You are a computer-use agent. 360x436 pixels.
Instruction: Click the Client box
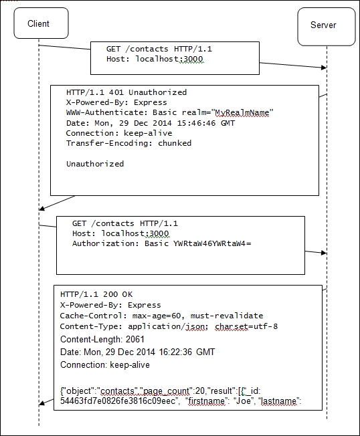pyautogui.click(x=41, y=23)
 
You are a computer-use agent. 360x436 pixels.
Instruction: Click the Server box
pyautogui.click(x=327, y=27)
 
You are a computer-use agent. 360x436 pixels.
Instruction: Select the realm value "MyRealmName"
pyautogui.click(x=242, y=112)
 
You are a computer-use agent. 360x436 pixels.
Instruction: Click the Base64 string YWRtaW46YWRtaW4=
pyautogui.click(x=212, y=243)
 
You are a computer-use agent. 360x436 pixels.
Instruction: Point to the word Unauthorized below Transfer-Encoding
pyautogui.click(x=95, y=164)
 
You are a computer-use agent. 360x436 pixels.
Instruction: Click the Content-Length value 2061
pyautogui.click(x=135, y=340)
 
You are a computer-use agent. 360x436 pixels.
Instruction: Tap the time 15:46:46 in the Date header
pyautogui.click(x=197, y=123)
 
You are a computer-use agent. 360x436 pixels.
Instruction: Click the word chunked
pyautogui.click(x=175, y=143)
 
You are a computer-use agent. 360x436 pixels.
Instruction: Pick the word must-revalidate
pyautogui.click(x=227, y=316)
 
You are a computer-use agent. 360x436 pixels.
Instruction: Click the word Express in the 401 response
pyautogui.click(x=151, y=102)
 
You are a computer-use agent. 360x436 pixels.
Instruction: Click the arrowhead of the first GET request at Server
pyautogui.click(x=324, y=68)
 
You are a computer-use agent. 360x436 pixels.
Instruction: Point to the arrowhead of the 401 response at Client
pyautogui.click(x=41, y=208)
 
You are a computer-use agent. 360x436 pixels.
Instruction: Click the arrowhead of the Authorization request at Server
pyautogui.click(x=324, y=253)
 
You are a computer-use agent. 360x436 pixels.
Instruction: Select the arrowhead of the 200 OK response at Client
pyautogui.click(x=41, y=403)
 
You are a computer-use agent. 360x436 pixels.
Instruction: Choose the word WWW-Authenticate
pyautogui.click(x=107, y=112)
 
